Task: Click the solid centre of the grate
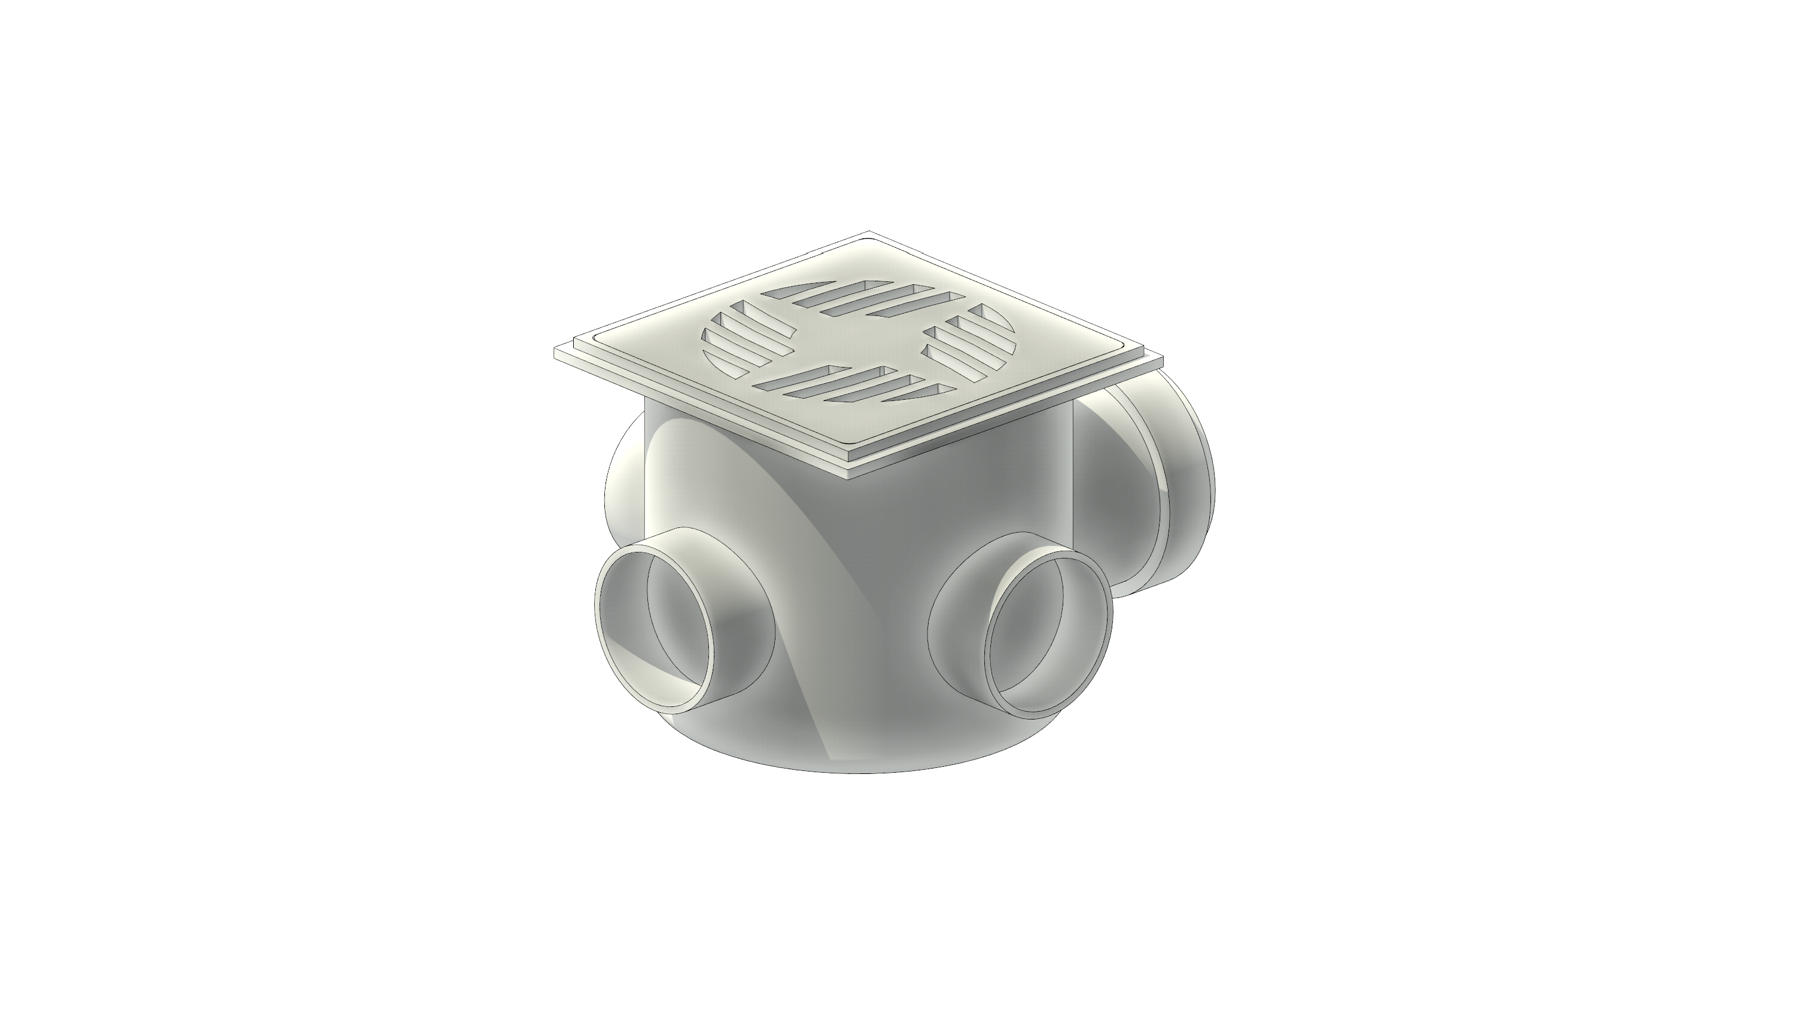[x=859, y=342]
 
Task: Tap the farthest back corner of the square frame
[x=868, y=232]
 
